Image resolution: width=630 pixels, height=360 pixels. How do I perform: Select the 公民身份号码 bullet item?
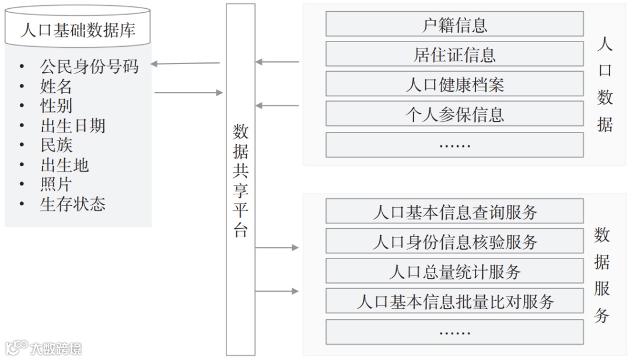tap(89, 67)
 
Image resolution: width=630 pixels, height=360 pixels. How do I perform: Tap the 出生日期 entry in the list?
tap(73, 125)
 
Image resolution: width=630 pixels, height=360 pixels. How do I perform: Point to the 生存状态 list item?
tap(73, 204)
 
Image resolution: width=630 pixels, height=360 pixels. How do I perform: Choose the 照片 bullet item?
tap(56, 184)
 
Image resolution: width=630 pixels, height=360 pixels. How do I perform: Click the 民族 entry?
tap(56, 145)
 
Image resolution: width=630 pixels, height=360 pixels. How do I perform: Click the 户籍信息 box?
tap(454, 25)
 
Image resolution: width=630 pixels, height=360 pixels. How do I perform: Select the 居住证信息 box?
tap(454, 54)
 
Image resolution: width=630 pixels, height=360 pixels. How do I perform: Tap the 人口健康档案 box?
tap(454, 85)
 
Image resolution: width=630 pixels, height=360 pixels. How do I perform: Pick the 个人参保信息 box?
tap(454, 114)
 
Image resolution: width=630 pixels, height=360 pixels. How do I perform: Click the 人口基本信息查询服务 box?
tap(454, 212)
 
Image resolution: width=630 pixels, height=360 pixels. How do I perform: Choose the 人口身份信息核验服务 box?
tap(454, 242)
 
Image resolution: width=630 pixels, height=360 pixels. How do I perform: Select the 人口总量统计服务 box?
tap(454, 271)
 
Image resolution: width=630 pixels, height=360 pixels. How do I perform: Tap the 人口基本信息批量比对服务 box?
tap(454, 302)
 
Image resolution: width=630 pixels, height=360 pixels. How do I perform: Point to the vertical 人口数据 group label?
tap(605, 85)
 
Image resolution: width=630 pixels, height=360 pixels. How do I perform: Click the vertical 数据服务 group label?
tap(602, 275)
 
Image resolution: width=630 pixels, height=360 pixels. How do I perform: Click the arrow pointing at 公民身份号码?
tap(185, 63)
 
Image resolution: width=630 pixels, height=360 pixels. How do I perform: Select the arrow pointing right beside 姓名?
tap(188, 92)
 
